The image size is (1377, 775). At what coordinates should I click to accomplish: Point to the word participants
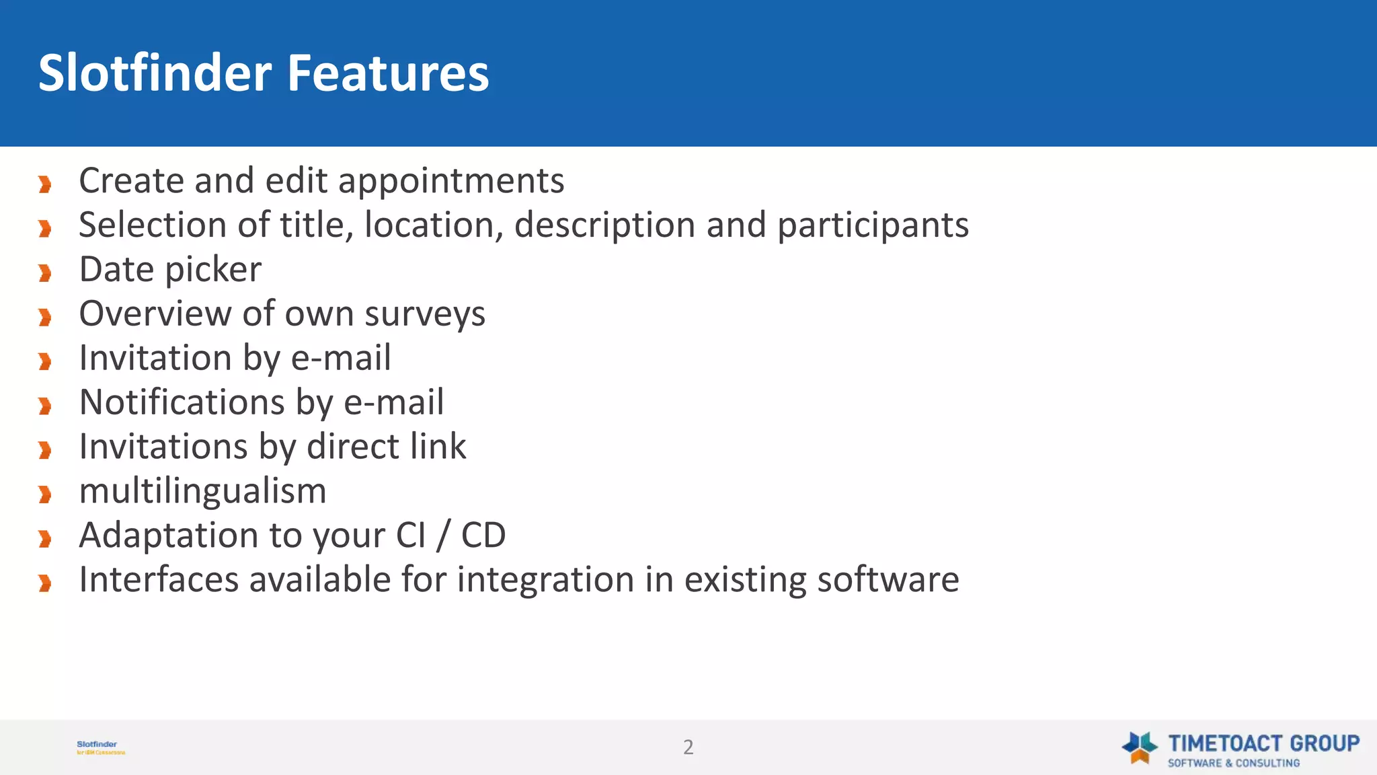point(873,226)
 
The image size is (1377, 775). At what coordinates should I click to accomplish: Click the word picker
point(213,270)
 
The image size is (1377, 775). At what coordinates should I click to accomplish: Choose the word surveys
point(425,315)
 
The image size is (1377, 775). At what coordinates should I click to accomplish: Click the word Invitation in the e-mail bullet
point(155,358)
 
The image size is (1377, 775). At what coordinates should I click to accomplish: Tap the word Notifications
point(182,402)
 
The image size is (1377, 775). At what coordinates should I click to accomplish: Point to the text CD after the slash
point(483,536)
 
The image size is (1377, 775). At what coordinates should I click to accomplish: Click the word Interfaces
point(159,580)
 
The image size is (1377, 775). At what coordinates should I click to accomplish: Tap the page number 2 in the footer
point(688,747)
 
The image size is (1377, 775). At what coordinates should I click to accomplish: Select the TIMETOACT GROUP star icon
point(1139,747)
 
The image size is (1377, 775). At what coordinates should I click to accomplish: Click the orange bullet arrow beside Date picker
point(45,273)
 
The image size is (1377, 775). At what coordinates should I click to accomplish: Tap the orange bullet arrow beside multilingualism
point(45,494)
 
